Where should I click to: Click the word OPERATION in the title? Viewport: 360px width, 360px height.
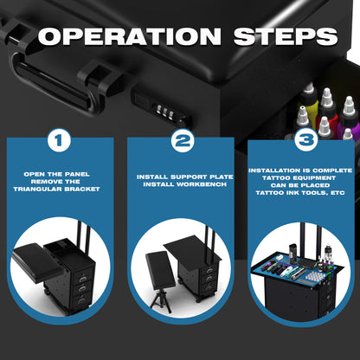click(130, 36)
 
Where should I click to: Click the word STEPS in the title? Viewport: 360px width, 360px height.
click(286, 36)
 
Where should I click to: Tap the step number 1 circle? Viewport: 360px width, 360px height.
click(59, 140)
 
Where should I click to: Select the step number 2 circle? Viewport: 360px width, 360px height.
click(183, 141)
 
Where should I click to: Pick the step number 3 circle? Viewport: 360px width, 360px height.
click(306, 140)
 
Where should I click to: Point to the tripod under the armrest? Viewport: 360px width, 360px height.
click(161, 301)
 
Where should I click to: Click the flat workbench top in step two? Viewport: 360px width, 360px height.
click(192, 248)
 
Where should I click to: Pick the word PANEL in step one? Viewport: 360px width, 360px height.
click(77, 174)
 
